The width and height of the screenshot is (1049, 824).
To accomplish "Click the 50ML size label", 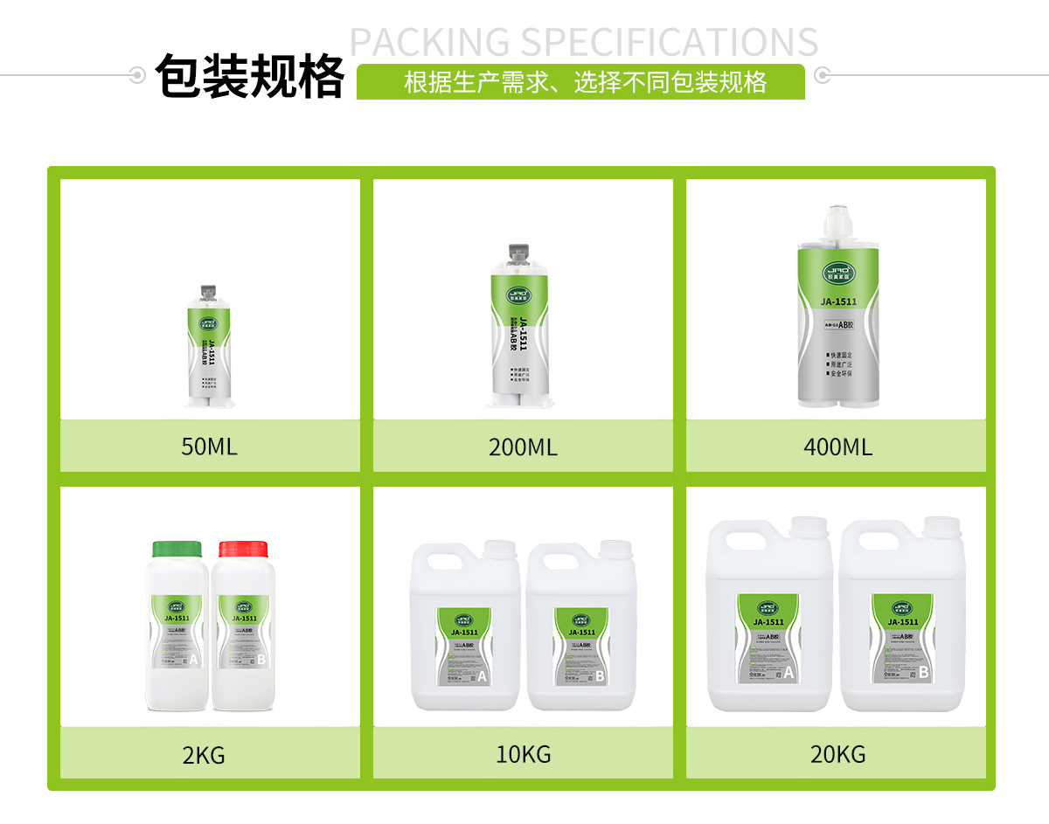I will click(209, 447).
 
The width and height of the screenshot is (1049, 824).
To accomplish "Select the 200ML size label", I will click(523, 447).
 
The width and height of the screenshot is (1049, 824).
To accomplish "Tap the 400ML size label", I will click(837, 447).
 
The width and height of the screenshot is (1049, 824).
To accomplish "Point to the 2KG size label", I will click(204, 755).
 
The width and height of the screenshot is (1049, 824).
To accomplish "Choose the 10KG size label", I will click(524, 754).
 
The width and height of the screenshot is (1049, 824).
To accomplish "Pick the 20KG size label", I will click(837, 754).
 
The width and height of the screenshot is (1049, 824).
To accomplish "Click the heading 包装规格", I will click(250, 77).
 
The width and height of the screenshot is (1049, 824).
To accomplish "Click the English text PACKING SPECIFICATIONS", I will click(584, 42).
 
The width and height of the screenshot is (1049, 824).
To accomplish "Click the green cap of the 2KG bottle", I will click(177, 549).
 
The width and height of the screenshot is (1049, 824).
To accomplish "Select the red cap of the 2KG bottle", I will click(243, 549).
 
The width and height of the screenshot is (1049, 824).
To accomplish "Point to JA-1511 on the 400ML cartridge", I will click(838, 302).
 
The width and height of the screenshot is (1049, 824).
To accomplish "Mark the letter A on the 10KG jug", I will click(482, 675).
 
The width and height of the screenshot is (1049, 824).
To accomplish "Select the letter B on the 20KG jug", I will click(923, 672).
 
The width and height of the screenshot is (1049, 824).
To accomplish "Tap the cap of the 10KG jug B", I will click(615, 549).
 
